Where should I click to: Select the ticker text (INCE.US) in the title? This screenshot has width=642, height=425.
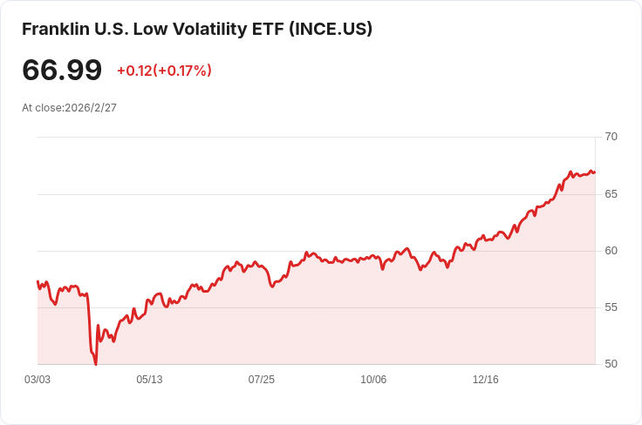pos(334,29)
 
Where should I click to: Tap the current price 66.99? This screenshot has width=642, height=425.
pos(61,71)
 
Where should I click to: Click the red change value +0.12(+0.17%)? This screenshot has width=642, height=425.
pos(164,71)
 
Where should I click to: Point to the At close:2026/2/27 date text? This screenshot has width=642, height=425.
pos(69,108)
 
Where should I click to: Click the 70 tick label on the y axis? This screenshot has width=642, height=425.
pos(611,137)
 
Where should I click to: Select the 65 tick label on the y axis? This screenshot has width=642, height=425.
pos(611,193)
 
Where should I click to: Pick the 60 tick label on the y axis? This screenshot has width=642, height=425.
pos(611,251)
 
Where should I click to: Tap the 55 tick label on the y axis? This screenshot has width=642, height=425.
pos(611,307)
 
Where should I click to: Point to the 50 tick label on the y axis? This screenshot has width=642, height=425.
pos(611,364)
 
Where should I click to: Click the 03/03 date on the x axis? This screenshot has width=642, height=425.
pos(38,380)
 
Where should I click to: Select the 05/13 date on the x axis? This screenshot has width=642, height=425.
pos(149,380)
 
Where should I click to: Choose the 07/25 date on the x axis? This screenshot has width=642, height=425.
pos(261,380)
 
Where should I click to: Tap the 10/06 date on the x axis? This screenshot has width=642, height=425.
pos(373,380)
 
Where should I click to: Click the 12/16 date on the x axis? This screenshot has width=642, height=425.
pos(485,380)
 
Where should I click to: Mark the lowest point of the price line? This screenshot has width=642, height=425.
pos(96,363)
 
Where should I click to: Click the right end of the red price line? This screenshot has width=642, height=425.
pos(595,172)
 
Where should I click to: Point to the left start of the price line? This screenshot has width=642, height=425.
pos(38,281)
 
